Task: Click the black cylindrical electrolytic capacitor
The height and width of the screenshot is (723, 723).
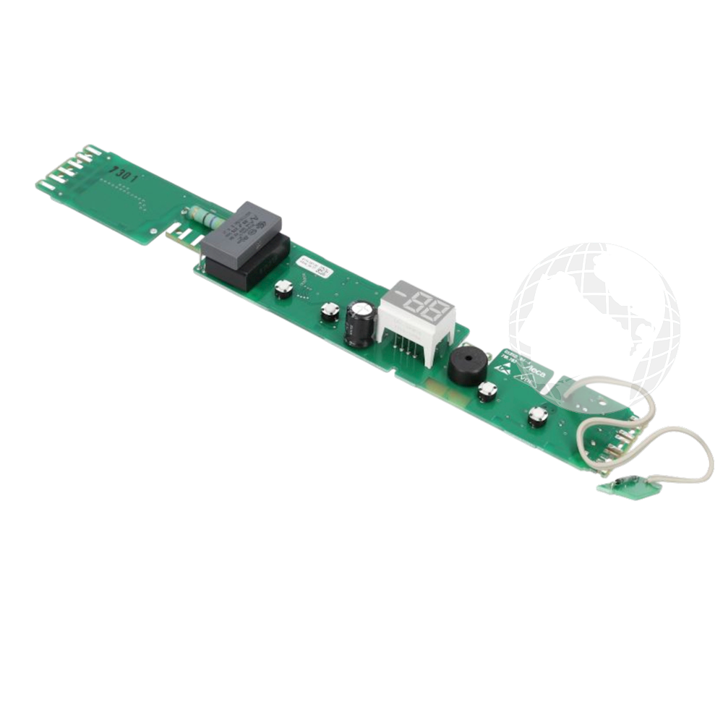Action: click(359, 323)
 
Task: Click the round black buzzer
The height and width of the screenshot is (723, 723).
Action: click(465, 367)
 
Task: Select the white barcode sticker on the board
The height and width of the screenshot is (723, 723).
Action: click(319, 271)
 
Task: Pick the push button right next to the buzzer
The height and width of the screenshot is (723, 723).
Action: click(487, 391)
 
